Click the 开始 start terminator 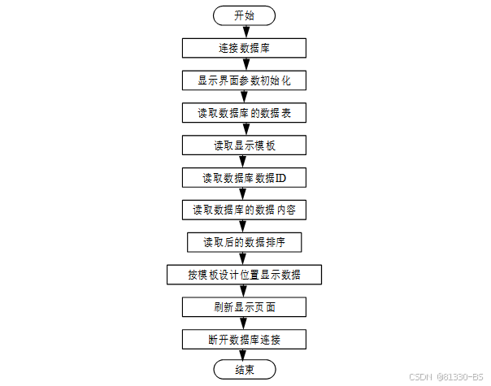(244, 15)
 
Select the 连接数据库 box (244, 48)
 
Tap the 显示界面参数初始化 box (244, 80)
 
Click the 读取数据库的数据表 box (244, 113)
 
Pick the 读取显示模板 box (244, 145)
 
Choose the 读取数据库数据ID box (244, 177)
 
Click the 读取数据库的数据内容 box (244, 210)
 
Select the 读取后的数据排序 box (244, 242)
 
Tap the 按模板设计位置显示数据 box (244, 275)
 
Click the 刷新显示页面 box (244, 307)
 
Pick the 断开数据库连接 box (244, 339)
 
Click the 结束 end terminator (244, 371)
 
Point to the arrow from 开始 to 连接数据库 (244, 32)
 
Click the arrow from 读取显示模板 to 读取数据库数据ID (244, 161)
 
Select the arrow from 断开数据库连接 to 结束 (244, 355)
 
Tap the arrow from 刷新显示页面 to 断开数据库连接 (244, 323)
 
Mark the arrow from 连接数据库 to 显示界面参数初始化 (244, 64)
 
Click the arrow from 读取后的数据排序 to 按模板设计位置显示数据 (244, 258)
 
